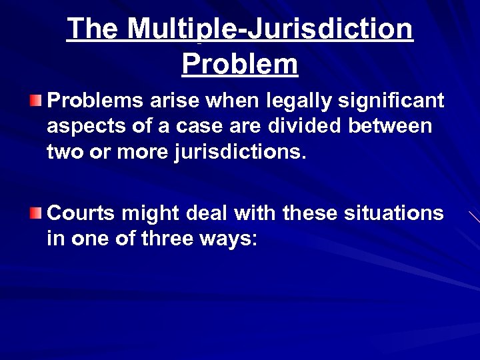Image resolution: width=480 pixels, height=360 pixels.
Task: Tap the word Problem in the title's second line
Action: pos(239,65)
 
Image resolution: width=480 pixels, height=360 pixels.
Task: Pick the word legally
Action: pos(293,101)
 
